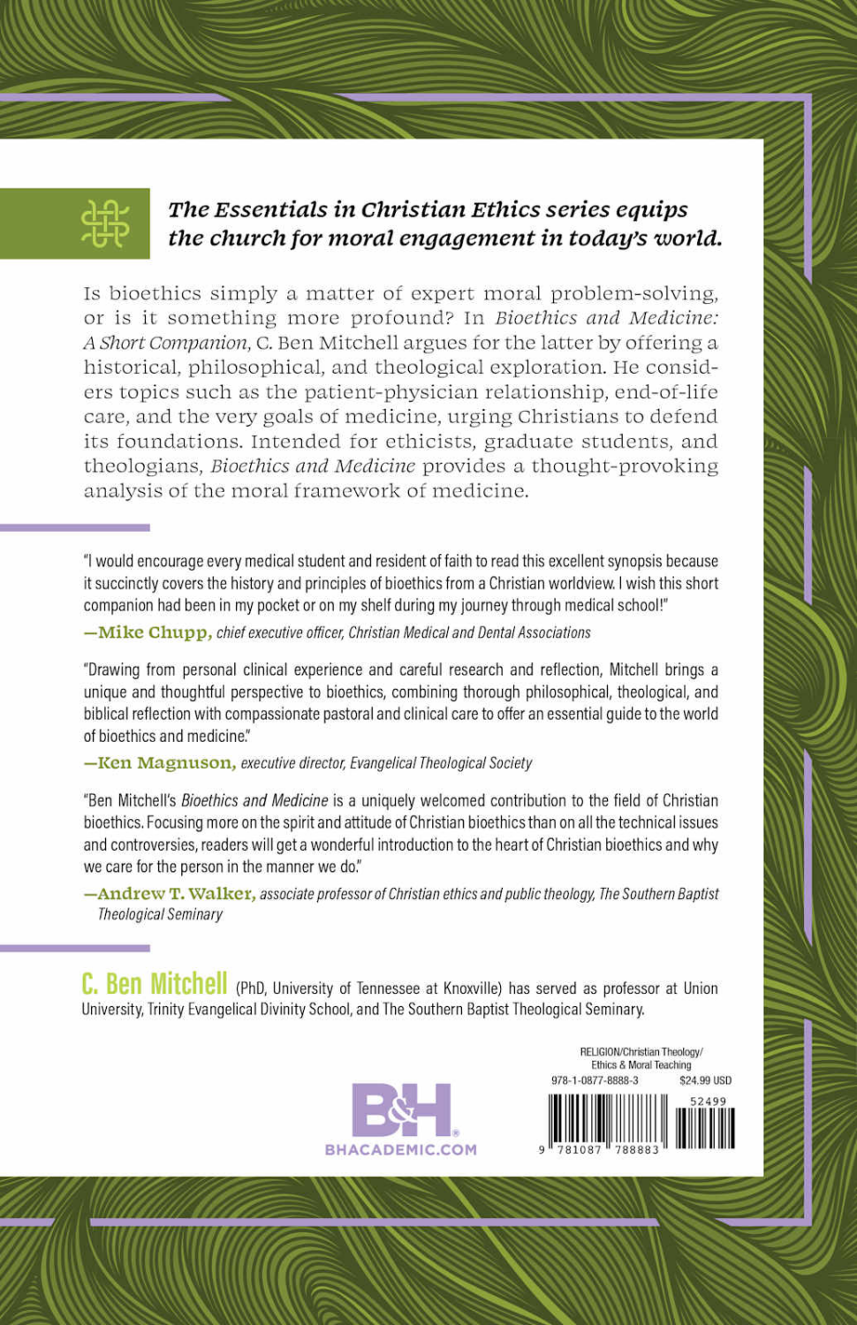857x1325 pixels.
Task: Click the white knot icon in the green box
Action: tap(104, 223)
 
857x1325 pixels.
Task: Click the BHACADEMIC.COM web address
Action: tap(400, 1149)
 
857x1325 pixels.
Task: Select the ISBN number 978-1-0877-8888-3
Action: tap(595, 1080)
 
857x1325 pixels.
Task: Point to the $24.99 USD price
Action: tap(705, 1080)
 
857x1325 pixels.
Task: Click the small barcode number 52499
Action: tap(708, 1101)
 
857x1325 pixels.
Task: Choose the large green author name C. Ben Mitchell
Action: tap(155, 984)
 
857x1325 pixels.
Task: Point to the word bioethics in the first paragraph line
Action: tap(155, 292)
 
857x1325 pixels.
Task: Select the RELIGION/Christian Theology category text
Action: tap(641, 1051)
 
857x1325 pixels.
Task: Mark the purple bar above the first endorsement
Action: tap(75, 527)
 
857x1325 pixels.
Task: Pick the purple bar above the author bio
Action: tap(75, 948)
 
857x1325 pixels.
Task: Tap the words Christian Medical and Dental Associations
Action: tap(469, 632)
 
